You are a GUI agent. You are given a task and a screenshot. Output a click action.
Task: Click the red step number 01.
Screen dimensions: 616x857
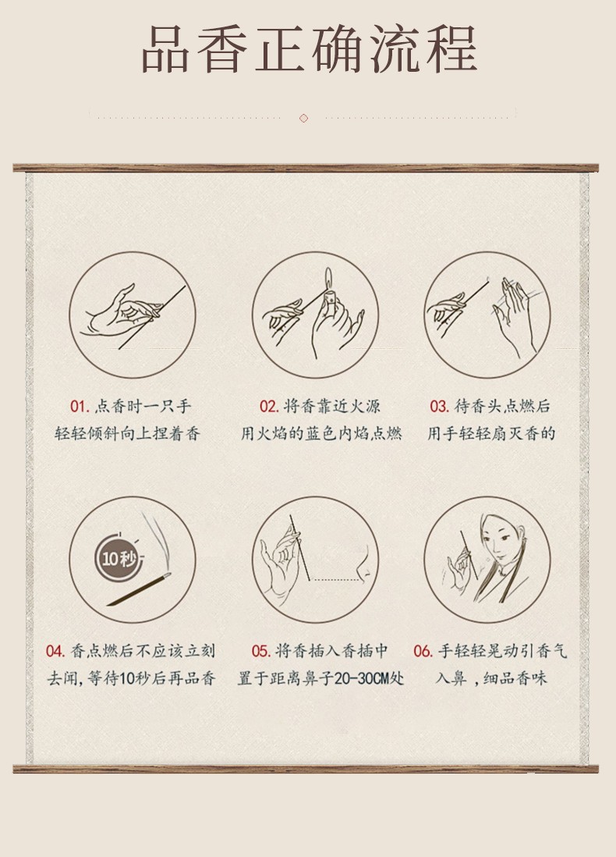(x=80, y=406)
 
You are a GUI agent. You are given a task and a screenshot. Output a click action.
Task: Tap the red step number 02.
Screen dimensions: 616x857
(x=269, y=406)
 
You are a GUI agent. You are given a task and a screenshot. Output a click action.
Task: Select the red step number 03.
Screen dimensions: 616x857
(x=439, y=406)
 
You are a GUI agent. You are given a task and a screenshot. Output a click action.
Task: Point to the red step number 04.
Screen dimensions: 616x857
(x=55, y=651)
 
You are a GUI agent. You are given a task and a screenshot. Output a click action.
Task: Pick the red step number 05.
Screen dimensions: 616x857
(x=261, y=651)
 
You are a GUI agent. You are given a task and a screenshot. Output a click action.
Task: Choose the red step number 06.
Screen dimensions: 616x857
(x=423, y=651)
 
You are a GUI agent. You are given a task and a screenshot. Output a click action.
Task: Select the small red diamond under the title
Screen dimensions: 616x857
(x=303, y=118)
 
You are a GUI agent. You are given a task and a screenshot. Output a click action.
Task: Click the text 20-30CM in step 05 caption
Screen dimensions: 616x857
(x=361, y=679)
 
